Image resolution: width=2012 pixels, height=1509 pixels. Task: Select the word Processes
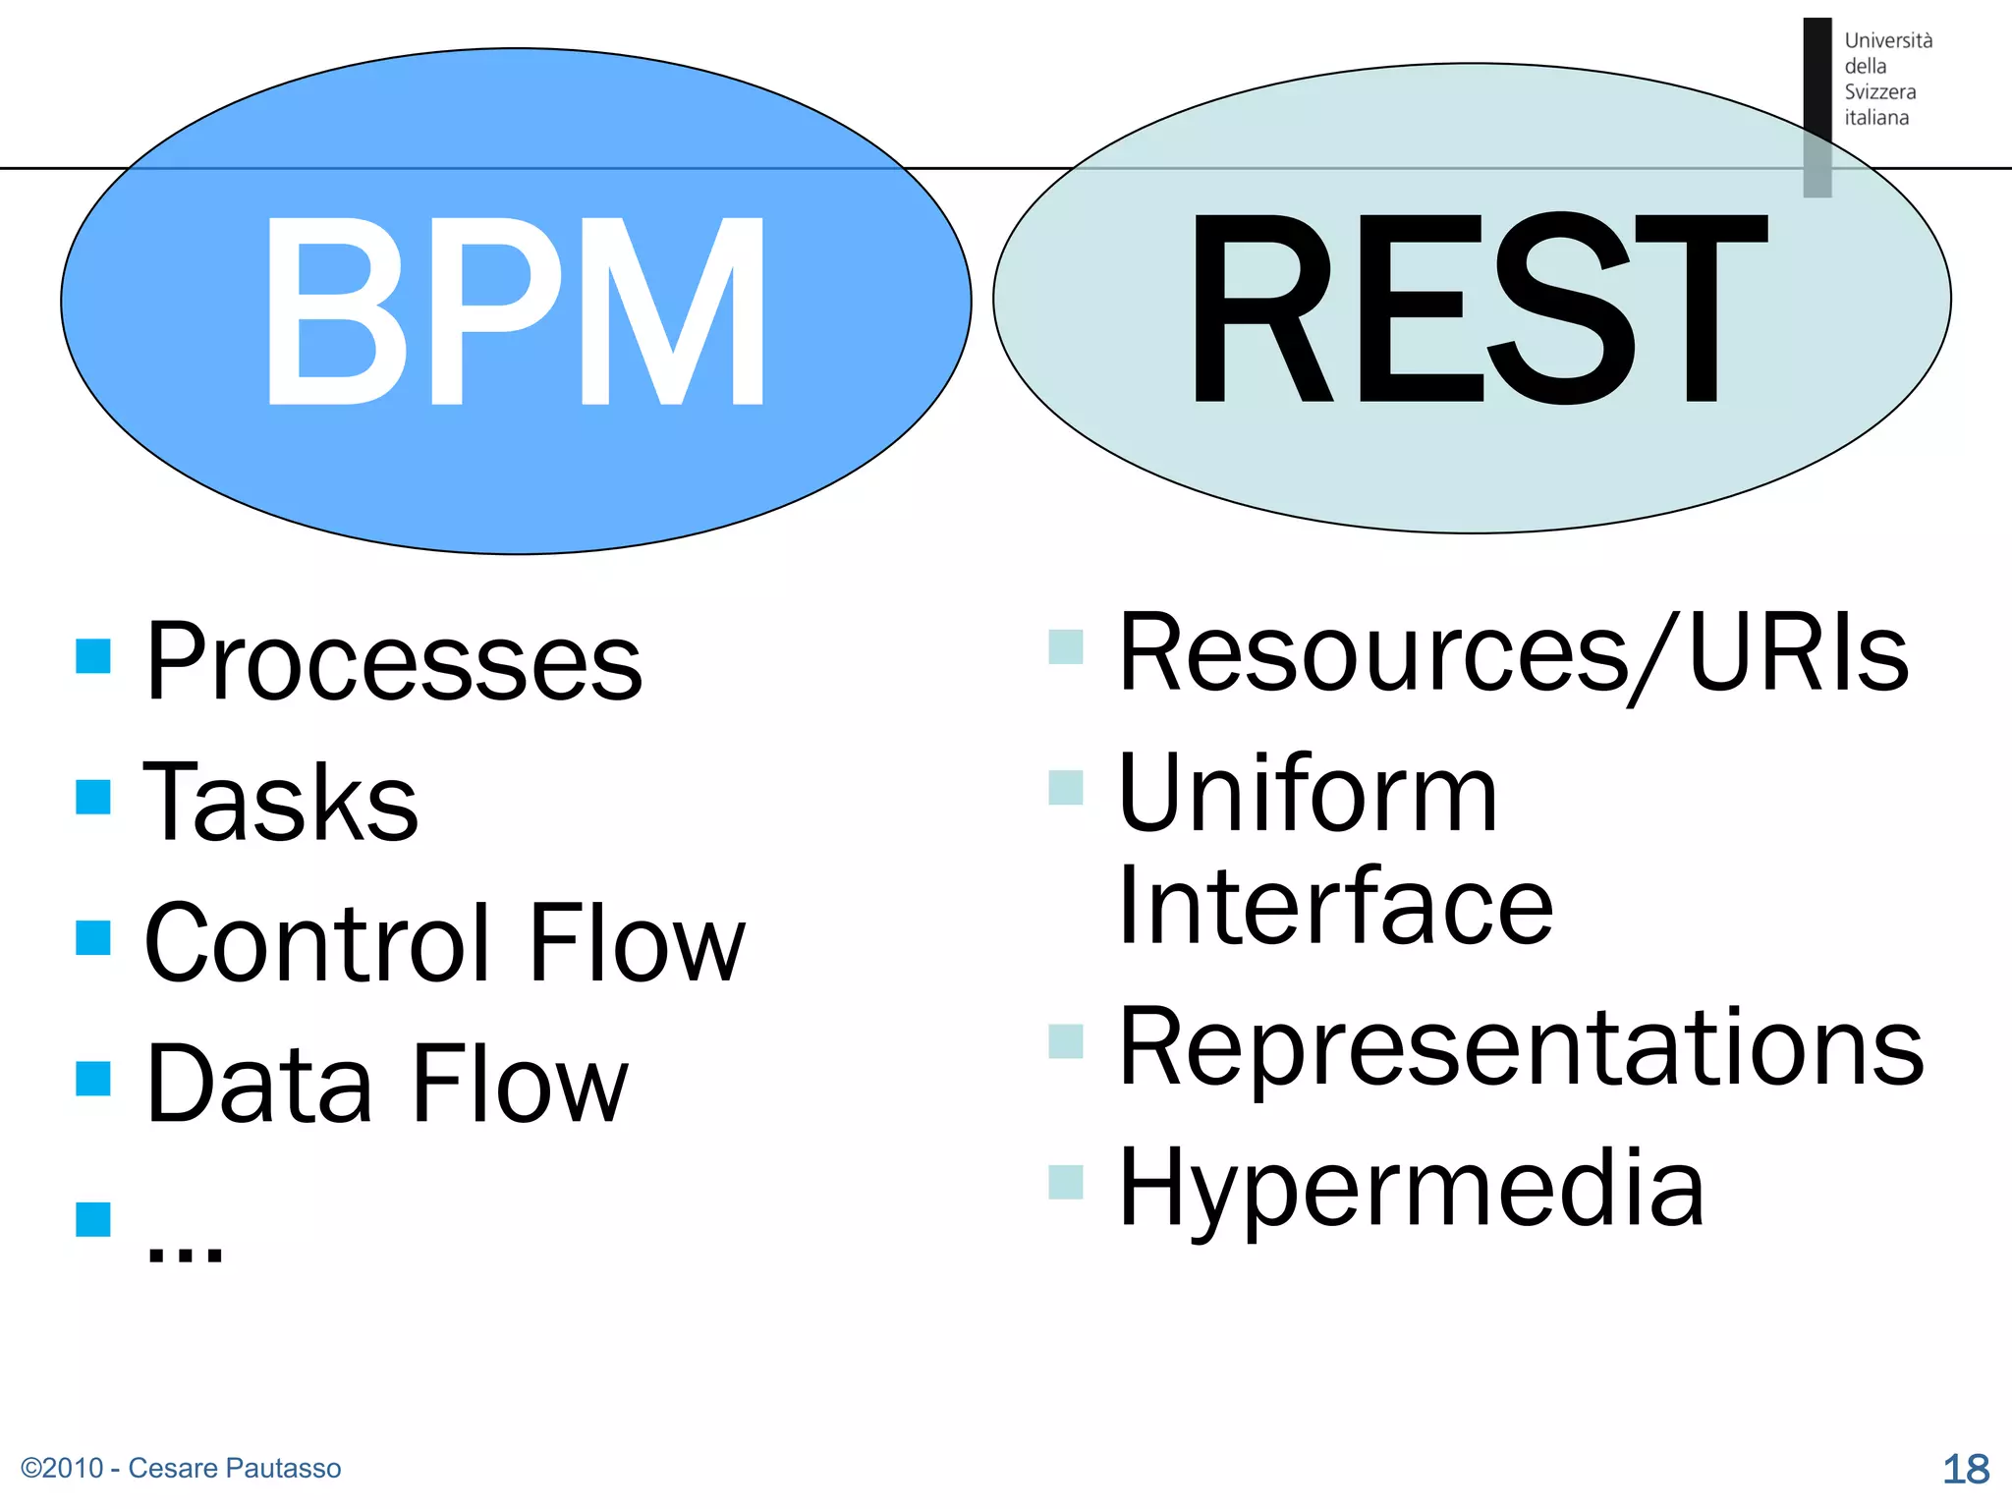click(393, 662)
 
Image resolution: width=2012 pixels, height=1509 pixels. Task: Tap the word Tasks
click(281, 803)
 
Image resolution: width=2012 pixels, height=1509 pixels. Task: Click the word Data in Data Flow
click(258, 1084)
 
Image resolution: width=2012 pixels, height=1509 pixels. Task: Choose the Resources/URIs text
click(1513, 652)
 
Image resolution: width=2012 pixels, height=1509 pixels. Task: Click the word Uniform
click(1308, 793)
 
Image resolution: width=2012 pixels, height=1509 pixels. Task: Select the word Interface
click(1335, 906)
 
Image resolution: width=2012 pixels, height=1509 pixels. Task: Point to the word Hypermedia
click(1411, 1188)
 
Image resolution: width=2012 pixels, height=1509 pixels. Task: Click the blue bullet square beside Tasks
click(93, 797)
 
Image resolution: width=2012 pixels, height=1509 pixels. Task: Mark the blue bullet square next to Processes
click(93, 656)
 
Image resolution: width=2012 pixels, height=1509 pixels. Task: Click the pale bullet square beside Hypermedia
click(1066, 1182)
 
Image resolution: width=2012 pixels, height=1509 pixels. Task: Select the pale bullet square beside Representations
click(1066, 1041)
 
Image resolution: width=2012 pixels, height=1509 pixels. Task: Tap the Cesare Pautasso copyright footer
click(181, 1468)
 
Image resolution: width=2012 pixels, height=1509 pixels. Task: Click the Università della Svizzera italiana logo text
click(1886, 79)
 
